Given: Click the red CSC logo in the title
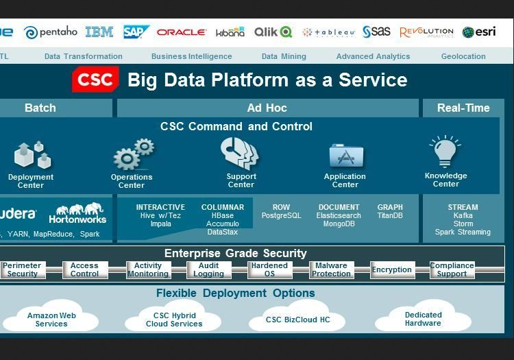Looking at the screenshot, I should [95, 80].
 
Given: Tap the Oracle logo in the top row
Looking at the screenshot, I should [181, 32].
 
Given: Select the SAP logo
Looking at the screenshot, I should [136, 32].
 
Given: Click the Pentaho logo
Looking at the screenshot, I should [51, 32].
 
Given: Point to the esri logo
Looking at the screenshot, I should [478, 32].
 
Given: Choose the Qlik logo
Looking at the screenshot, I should [273, 32].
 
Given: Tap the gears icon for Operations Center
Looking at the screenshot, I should [133, 155].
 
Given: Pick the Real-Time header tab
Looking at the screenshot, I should [463, 108].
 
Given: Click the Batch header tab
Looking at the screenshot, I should [40, 108].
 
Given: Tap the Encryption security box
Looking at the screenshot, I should [392, 270].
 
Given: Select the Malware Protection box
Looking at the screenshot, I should [331, 269].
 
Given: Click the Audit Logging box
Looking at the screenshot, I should [208, 269].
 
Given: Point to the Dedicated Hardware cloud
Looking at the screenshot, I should [423, 319].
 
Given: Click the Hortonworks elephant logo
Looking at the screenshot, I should [77, 213].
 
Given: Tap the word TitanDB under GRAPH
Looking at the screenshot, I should [390, 215].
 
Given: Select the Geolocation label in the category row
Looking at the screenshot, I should [464, 56].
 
